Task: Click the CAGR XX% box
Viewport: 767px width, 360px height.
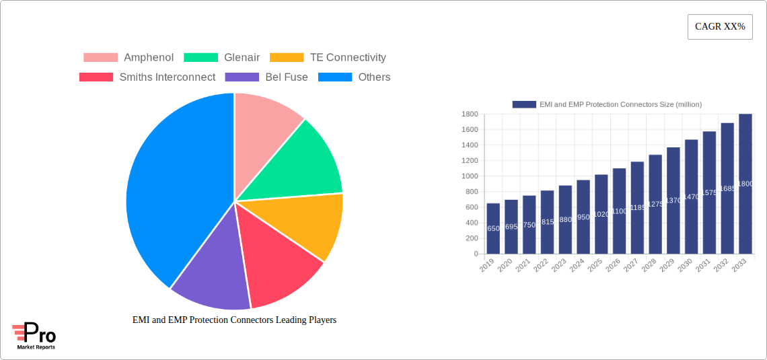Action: coord(720,27)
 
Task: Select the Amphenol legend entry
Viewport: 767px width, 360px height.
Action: coord(128,58)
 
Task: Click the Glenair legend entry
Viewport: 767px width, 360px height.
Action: coord(221,58)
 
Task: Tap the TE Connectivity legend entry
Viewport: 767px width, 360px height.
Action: coord(328,58)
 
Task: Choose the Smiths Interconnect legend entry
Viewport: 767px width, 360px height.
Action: coord(147,77)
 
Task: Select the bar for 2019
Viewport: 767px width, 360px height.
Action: coord(493,229)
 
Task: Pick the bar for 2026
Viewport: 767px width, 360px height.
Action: coord(619,211)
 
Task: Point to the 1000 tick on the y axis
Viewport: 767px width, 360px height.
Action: coord(470,176)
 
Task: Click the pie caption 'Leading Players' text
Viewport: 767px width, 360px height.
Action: coord(234,320)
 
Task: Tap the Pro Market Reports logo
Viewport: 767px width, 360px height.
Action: coord(34,336)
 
